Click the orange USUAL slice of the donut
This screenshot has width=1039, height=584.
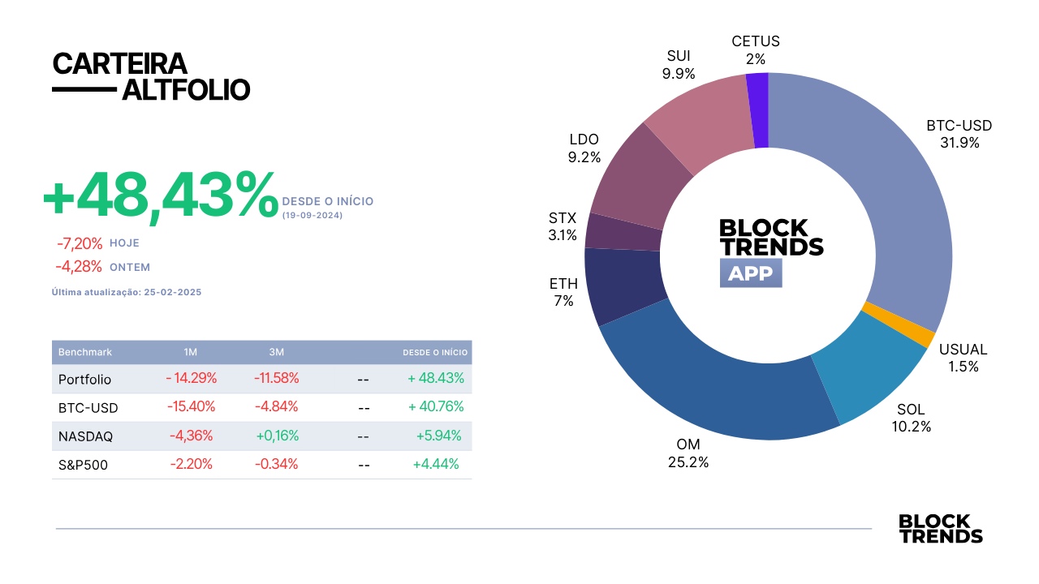click(898, 324)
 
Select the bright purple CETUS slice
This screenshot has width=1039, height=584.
click(758, 110)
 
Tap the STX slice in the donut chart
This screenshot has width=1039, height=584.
click(623, 232)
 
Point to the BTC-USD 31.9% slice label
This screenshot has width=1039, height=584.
click(959, 134)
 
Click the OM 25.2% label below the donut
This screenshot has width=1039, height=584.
click(688, 453)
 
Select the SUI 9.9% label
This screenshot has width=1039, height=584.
click(679, 64)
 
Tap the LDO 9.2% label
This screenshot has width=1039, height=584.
click(584, 148)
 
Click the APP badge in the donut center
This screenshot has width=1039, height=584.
click(751, 273)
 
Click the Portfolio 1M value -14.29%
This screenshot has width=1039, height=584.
click(191, 378)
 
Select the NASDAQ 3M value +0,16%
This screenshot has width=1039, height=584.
click(278, 436)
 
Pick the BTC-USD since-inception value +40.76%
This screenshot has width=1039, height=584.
click(436, 406)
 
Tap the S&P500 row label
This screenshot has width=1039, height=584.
click(83, 465)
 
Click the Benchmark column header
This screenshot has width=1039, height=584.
click(85, 352)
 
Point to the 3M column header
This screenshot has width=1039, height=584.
click(277, 352)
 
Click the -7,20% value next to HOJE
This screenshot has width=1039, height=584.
click(80, 243)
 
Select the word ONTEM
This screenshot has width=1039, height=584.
click(130, 268)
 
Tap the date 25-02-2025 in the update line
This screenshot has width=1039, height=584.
click(173, 292)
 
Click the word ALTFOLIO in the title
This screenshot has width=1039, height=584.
click(186, 90)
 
